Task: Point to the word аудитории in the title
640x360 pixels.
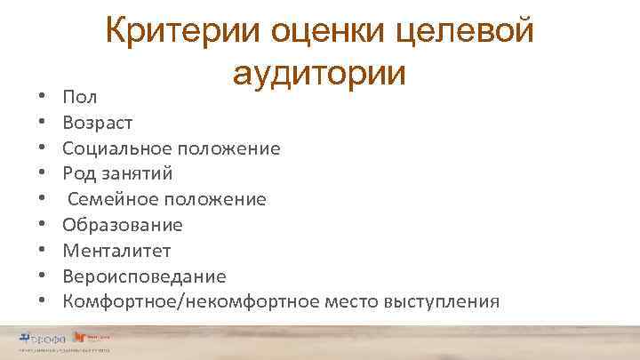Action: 320,73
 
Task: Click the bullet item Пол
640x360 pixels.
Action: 80,96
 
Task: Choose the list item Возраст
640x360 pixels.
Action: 100,123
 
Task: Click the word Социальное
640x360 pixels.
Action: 118,148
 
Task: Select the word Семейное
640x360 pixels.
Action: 110,199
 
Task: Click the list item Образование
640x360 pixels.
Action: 123,225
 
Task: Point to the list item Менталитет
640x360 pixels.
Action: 116,251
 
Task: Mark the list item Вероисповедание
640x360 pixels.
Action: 144,276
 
